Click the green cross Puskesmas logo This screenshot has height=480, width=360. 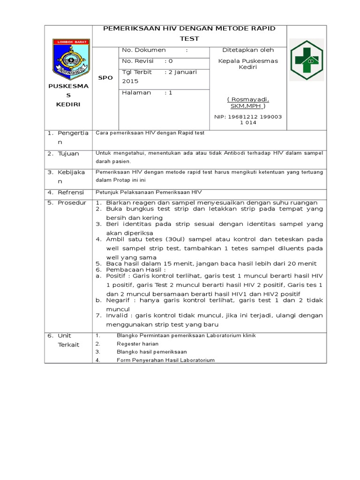click(307, 60)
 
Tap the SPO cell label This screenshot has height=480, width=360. click(105, 78)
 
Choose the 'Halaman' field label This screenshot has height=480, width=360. click(136, 93)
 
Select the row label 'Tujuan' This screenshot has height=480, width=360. click(68, 154)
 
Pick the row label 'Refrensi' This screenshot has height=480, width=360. click(70, 192)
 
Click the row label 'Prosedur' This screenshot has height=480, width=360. click(72, 202)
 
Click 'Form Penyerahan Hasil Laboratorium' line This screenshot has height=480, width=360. click(165, 360)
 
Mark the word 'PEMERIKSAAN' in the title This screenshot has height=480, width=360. click(131, 29)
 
